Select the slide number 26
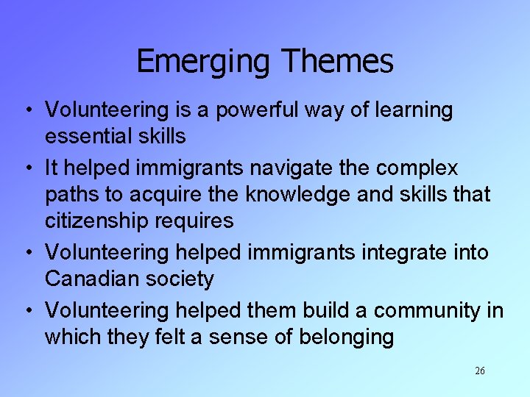(x=480, y=371)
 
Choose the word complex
(x=417, y=168)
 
